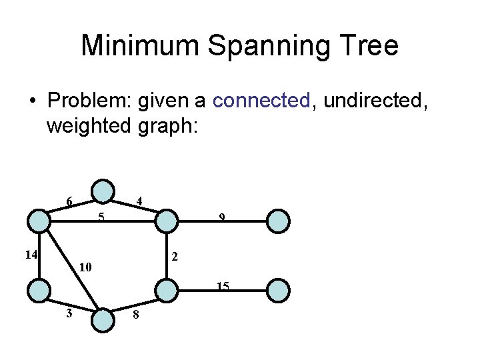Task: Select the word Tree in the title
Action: [x=365, y=46]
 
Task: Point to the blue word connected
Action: [x=261, y=101]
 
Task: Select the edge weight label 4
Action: [x=139, y=201]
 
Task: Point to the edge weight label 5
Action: [x=101, y=217]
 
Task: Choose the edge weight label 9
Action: [x=223, y=217]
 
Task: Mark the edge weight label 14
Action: [x=30, y=254]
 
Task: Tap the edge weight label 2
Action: [x=175, y=256]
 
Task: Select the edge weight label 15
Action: [x=223, y=287]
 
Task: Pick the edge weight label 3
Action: [x=69, y=313]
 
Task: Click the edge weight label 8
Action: [x=135, y=315]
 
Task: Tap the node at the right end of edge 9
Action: [x=279, y=220]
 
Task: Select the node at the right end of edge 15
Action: [x=279, y=291]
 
